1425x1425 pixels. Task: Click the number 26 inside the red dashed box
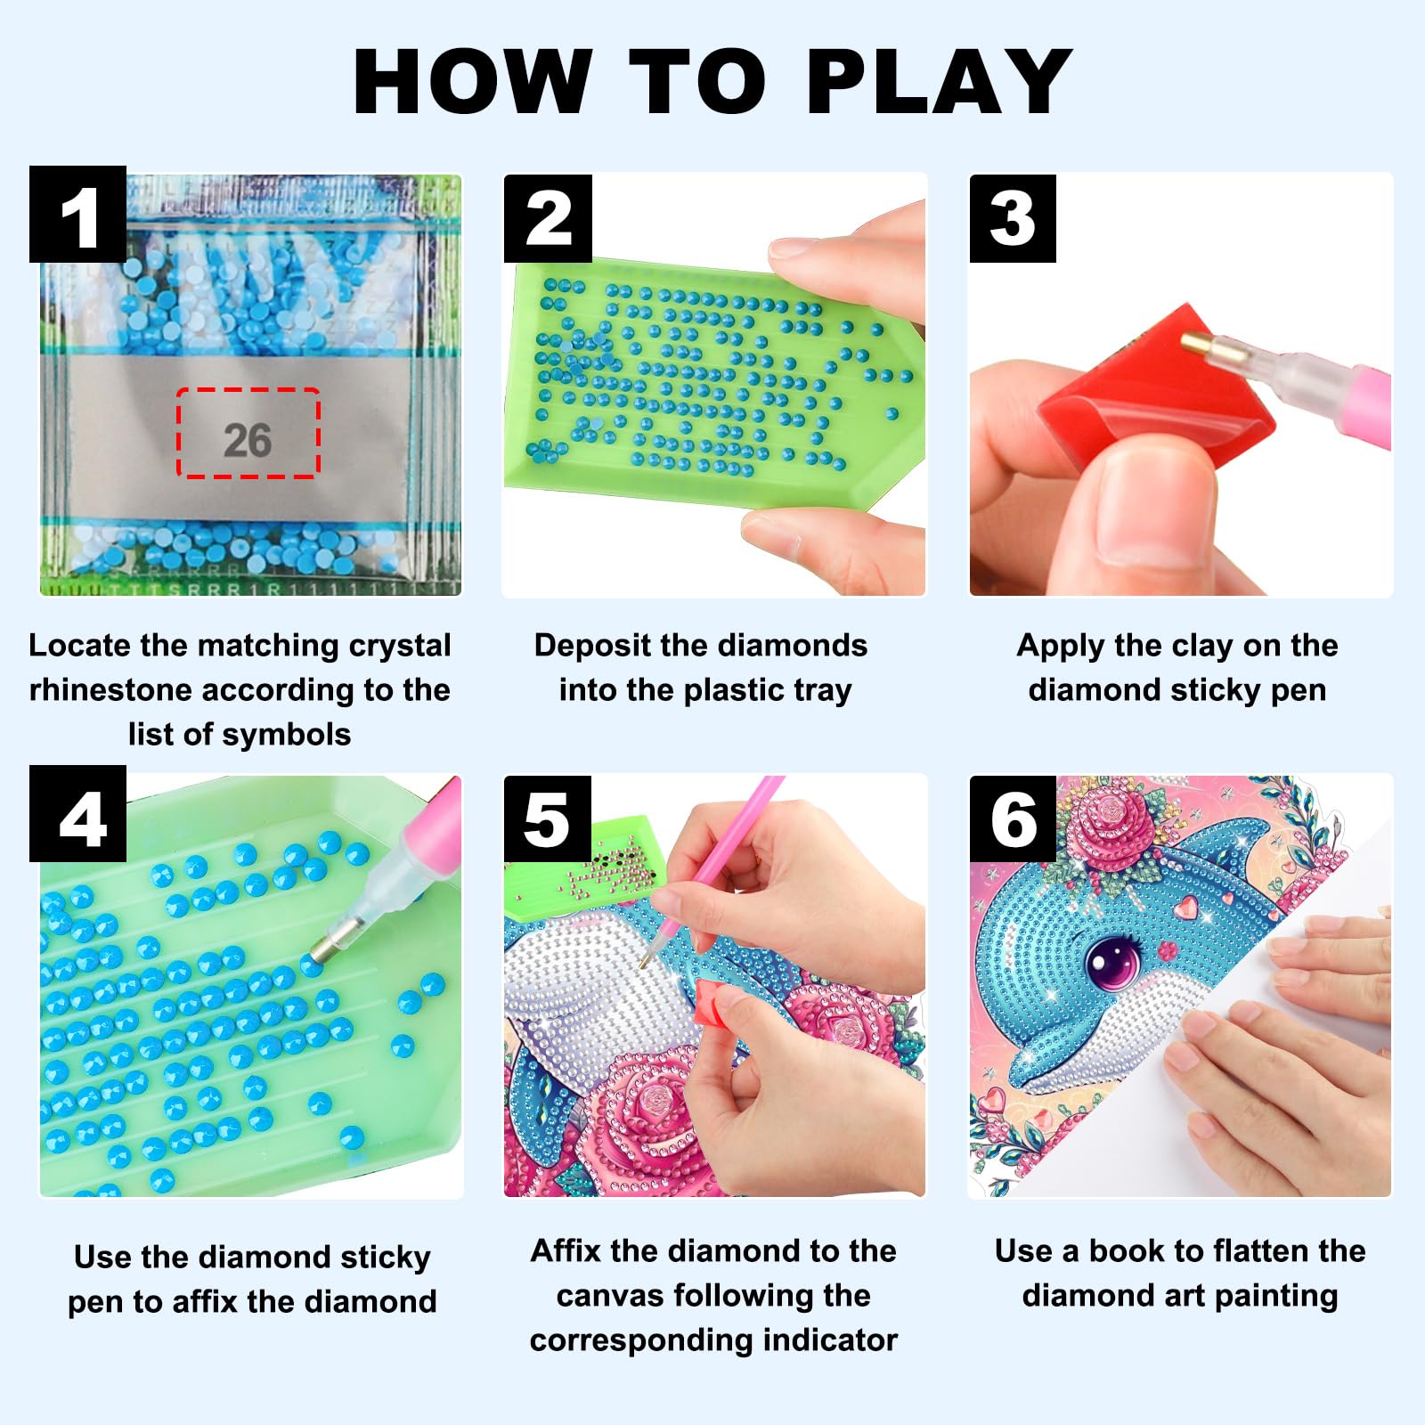pos(248,440)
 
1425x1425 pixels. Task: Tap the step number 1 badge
pos(78,214)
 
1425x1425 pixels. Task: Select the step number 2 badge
pos(549,218)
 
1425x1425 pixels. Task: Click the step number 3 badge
pos(1013,218)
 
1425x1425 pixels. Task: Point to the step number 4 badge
pos(78,814)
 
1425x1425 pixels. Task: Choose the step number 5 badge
pos(548,818)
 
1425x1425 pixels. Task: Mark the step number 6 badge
pos(1013,818)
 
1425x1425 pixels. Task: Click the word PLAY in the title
pos(939,81)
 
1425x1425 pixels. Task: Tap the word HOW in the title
pos(473,81)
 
